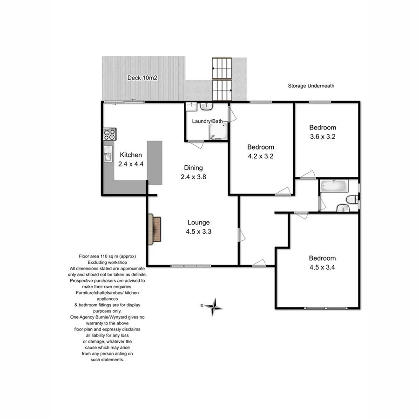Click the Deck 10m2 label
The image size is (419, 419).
coord(142,78)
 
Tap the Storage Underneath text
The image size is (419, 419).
coord(311,86)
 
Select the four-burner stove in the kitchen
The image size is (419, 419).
coord(109,135)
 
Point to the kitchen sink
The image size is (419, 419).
coord(108,154)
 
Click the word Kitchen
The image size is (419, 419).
coord(131,155)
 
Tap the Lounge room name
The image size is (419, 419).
coord(198,223)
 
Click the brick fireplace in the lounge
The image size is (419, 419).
coord(155,230)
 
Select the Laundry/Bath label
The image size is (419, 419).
coord(208,121)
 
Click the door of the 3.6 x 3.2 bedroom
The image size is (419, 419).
coord(307,175)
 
